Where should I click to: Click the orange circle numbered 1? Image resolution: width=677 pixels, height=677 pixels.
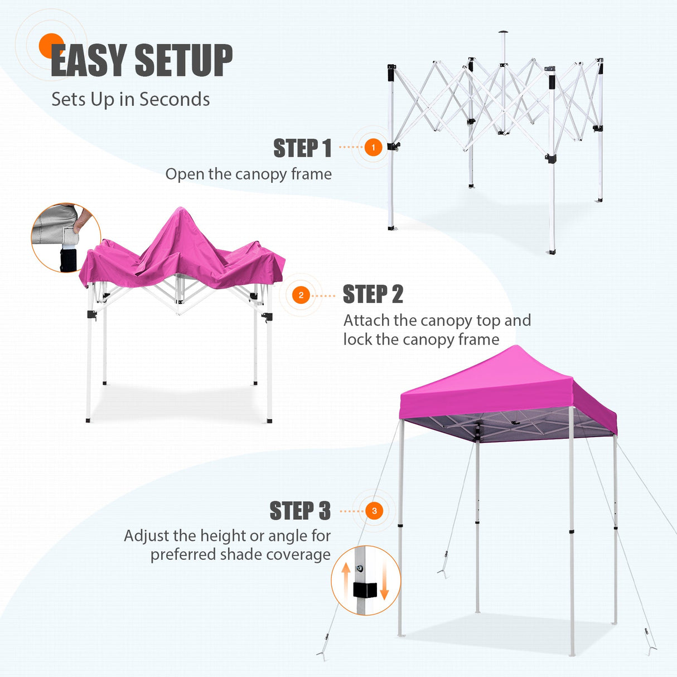[373, 147]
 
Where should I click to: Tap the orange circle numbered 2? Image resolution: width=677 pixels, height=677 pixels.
[301, 295]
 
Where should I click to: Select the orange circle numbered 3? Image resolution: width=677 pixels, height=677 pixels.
[374, 511]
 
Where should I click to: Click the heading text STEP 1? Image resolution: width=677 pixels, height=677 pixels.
[302, 148]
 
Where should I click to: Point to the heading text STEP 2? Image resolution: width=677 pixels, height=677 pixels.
[373, 294]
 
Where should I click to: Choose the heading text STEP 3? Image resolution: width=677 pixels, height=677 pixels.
[300, 511]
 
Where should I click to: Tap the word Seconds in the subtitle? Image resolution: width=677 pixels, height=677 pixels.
[175, 99]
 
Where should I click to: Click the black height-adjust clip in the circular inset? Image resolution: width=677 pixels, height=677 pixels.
[365, 589]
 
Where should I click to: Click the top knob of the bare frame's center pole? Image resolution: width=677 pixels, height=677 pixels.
[504, 32]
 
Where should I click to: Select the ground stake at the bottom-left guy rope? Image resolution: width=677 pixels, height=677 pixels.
[322, 654]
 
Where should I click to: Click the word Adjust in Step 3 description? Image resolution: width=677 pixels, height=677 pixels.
[146, 536]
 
